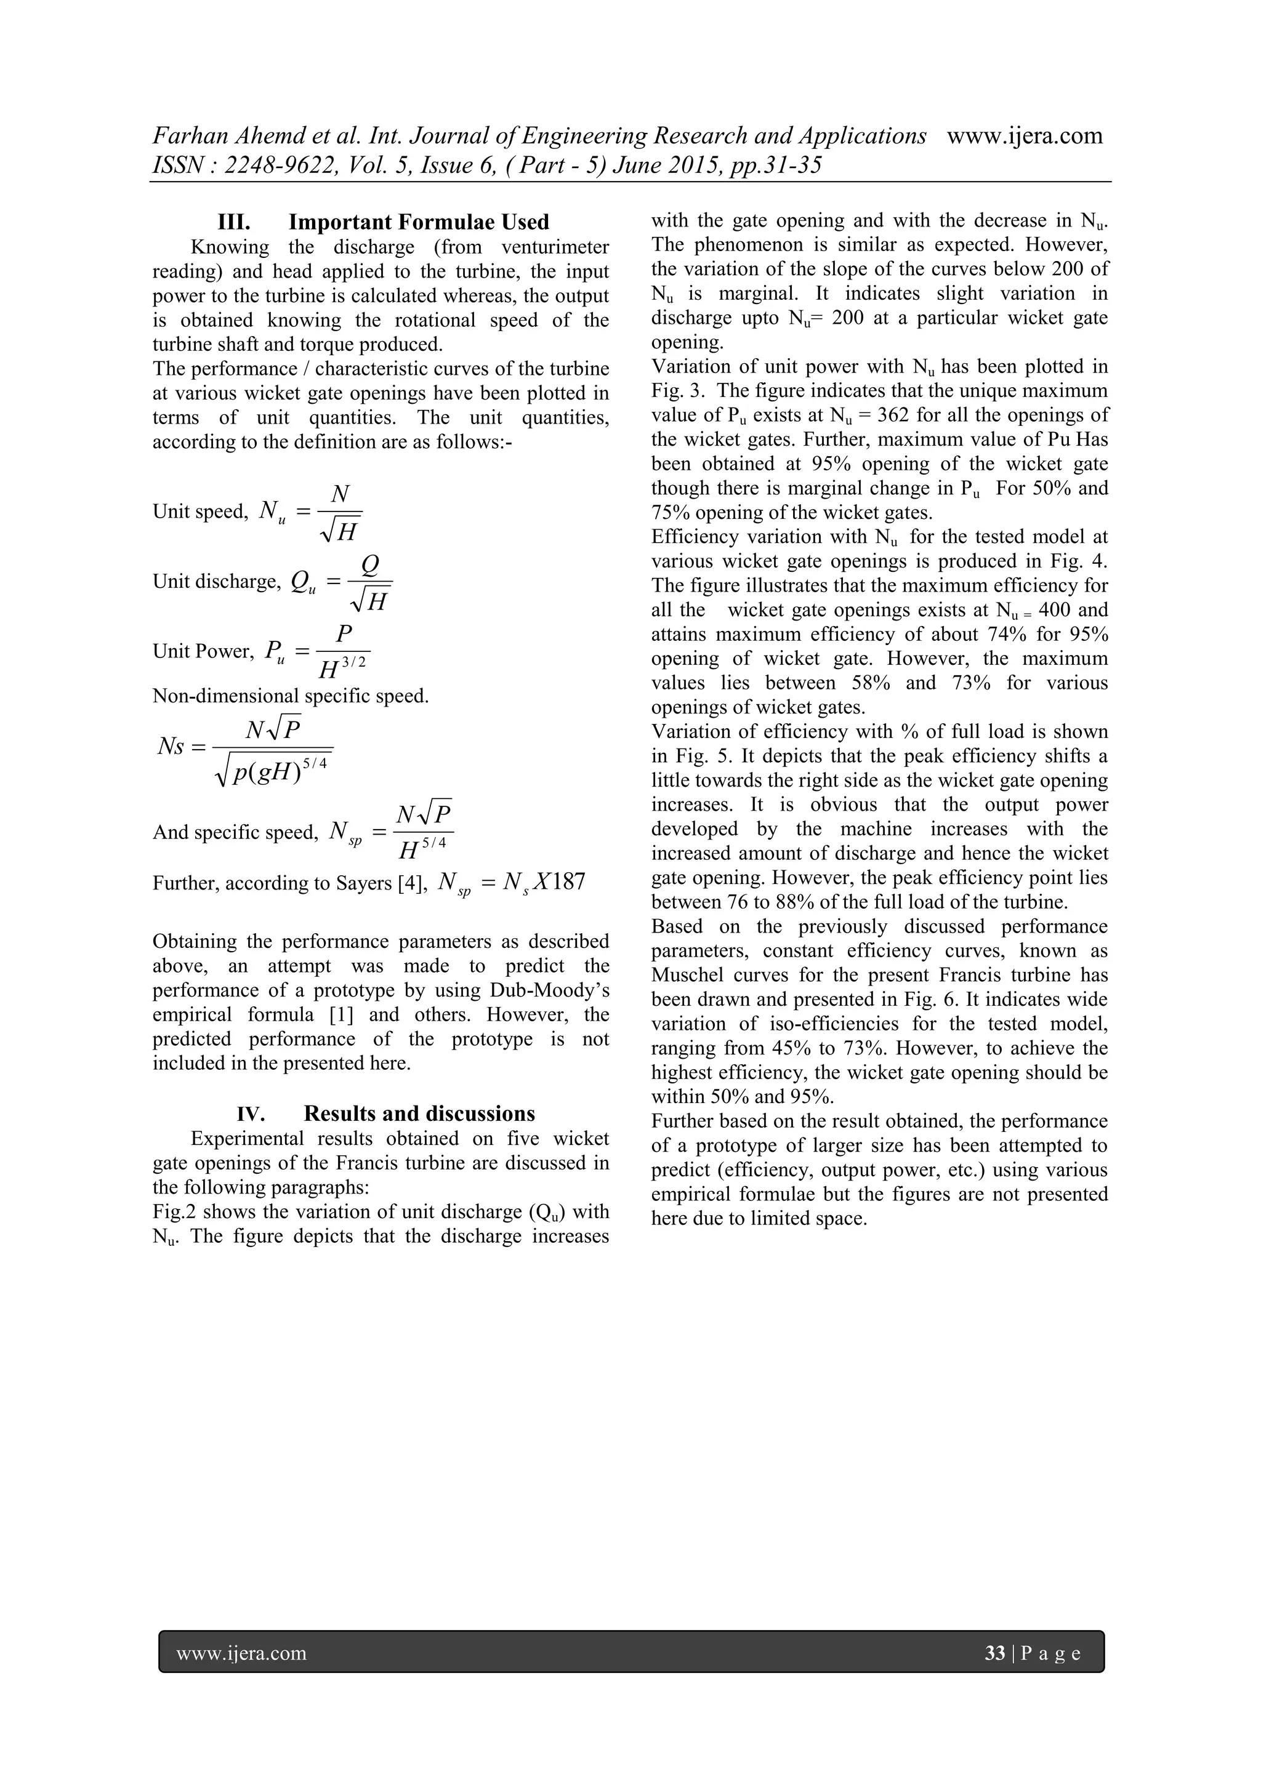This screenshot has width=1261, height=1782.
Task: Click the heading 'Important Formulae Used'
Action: (419, 223)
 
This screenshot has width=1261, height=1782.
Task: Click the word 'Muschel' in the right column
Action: (687, 975)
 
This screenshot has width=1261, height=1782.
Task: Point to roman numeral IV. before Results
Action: (251, 1115)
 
